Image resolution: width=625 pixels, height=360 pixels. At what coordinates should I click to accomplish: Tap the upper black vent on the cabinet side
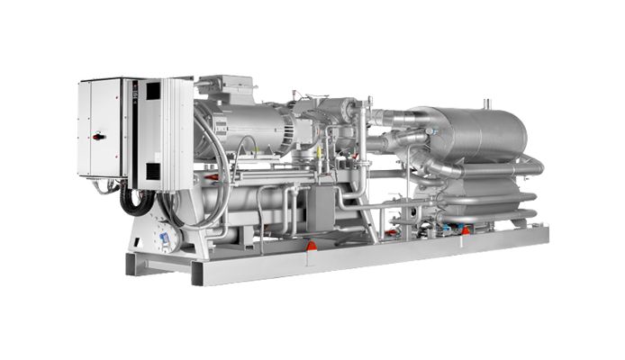tap(152, 91)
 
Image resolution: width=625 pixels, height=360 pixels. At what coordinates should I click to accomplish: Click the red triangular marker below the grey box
tap(312, 245)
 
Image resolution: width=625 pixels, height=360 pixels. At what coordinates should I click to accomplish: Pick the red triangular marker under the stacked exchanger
tap(466, 230)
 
